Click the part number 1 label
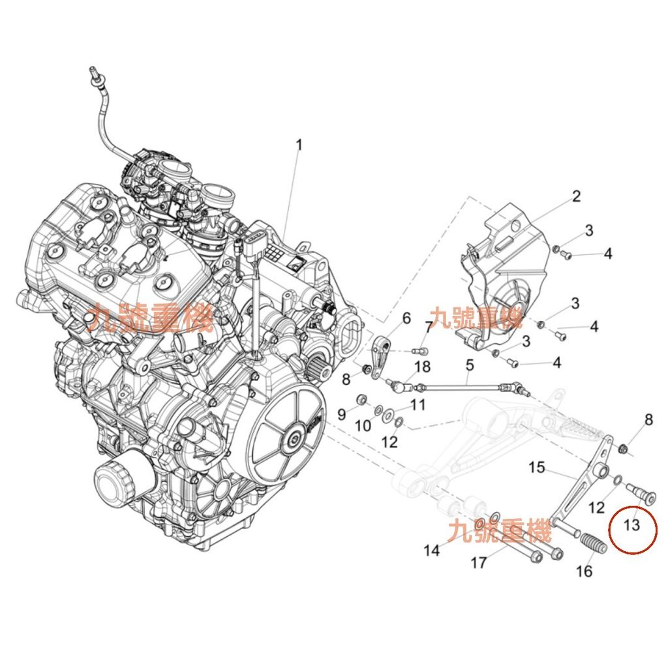[299, 145]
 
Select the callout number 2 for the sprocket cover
[576, 196]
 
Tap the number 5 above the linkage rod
[470, 366]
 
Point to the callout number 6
[406, 318]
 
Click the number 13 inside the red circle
[631, 524]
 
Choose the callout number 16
[584, 571]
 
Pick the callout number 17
[479, 562]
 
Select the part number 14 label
[432, 551]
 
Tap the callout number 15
[536, 467]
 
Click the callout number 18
[422, 367]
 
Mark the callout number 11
[417, 405]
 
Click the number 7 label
[429, 327]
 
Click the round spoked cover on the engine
[286, 436]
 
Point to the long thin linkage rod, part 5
[463, 386]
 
